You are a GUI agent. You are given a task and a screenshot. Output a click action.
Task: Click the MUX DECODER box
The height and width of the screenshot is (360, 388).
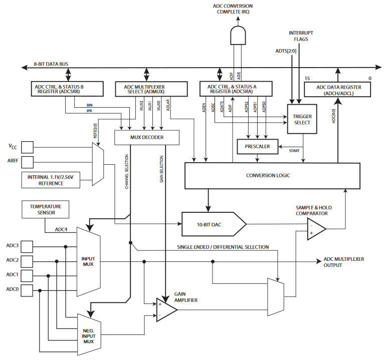click(147, 137)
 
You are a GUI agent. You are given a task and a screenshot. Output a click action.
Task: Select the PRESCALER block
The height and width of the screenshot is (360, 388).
click(257, 147)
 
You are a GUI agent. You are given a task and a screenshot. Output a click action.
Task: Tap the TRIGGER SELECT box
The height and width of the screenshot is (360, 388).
click(302, 119)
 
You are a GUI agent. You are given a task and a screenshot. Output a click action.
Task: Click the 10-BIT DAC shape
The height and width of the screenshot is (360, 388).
click(214, 224)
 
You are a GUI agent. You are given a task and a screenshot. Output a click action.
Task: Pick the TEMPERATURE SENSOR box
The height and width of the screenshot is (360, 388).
click(46, 209)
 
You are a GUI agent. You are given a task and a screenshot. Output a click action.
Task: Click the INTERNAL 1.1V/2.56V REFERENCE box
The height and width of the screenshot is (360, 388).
click(51, 180)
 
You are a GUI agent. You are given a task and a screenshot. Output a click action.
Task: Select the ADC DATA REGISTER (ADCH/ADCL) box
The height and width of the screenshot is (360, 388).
click(337, 90)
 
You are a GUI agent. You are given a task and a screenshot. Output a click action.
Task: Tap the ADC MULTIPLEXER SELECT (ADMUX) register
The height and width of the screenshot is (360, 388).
click(151, 89)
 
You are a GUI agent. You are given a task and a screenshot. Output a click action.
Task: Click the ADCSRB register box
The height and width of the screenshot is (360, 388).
click(67, 89)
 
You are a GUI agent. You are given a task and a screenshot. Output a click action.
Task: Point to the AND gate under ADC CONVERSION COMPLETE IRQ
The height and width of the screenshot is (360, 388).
click(238, 36)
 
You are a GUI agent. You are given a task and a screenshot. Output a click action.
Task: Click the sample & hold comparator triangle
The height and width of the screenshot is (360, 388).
click(316, 229)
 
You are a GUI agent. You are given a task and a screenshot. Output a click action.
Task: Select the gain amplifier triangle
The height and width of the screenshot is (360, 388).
click(167, 310)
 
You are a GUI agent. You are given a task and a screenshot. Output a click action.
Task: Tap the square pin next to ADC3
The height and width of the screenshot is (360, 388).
click(27, 246)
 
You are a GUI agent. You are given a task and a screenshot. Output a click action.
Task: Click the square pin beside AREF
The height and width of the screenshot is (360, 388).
click(27, 162)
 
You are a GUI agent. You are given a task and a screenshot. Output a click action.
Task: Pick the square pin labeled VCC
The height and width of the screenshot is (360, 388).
click(27, 147)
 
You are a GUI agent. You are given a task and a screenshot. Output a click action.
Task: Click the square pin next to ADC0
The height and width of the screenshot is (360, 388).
click(27, 290)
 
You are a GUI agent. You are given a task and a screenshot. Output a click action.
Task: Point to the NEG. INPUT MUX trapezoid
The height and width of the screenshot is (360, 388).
click(89, 334)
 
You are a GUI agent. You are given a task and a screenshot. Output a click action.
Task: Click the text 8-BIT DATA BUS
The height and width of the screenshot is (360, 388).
click(51, 64)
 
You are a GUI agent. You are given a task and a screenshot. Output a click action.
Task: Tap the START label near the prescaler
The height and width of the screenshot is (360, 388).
click(294, 151)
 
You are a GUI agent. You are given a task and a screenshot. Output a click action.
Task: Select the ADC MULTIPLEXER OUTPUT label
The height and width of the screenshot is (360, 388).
click(344, 262)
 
